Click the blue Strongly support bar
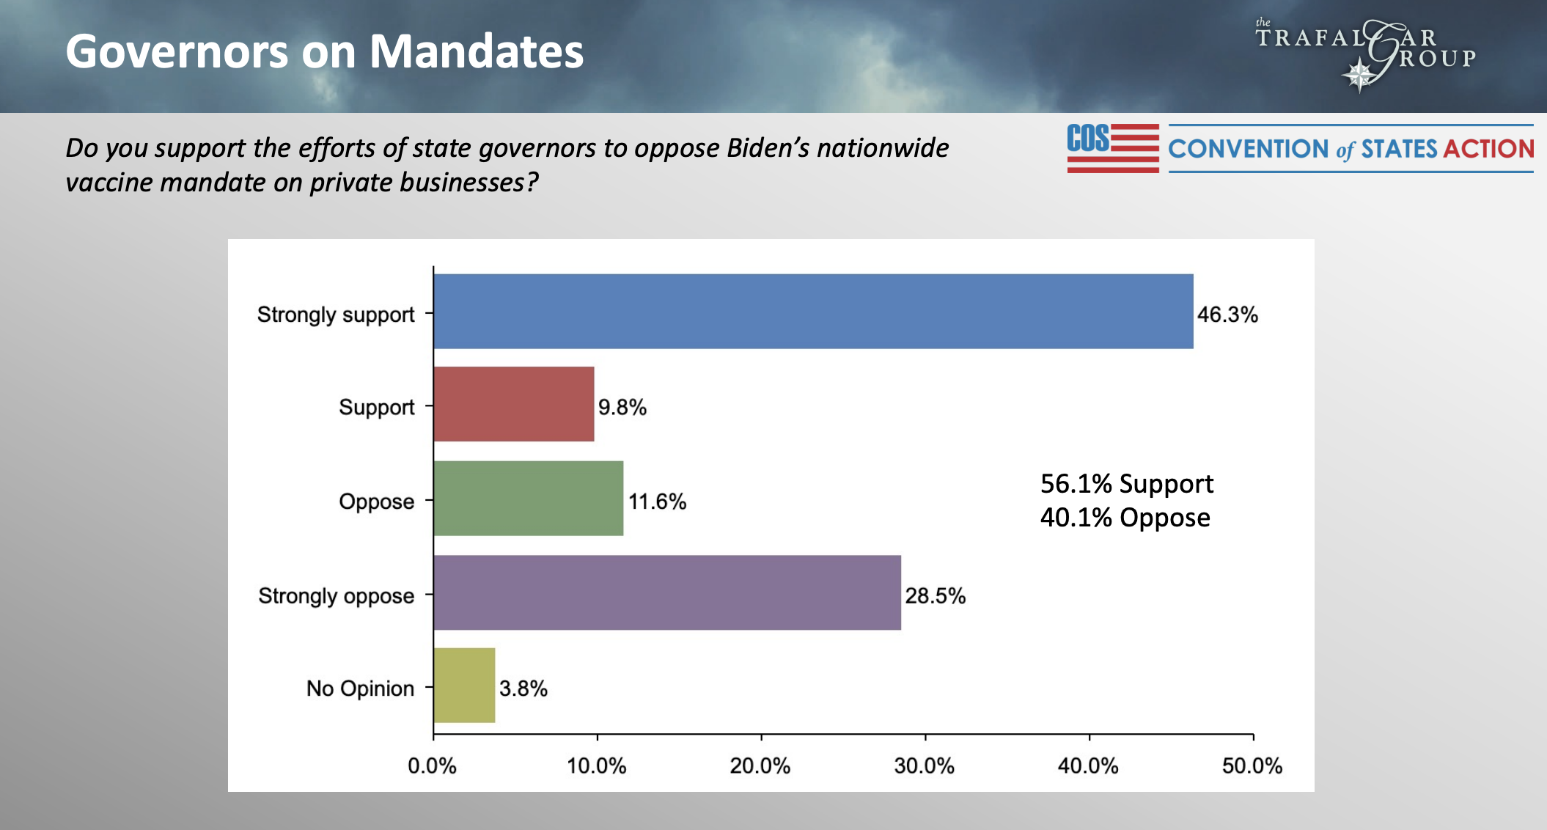[812, 312]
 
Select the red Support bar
[513, 404]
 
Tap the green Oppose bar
[528, 499]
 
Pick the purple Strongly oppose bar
[666, 592]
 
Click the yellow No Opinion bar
[464, 686]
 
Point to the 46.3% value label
[1227, 315]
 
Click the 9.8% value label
[622, 407]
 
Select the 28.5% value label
[935, 595]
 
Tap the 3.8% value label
[523, 688]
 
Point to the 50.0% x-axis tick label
[1252, 765]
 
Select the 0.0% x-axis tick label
[432, 765]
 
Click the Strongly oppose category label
[336, 595]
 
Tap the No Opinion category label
[360, 688]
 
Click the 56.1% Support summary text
[1126, 484]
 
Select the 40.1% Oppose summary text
[1125, 518]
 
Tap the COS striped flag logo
[1112, 148]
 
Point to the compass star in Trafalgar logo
[1359, 76]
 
